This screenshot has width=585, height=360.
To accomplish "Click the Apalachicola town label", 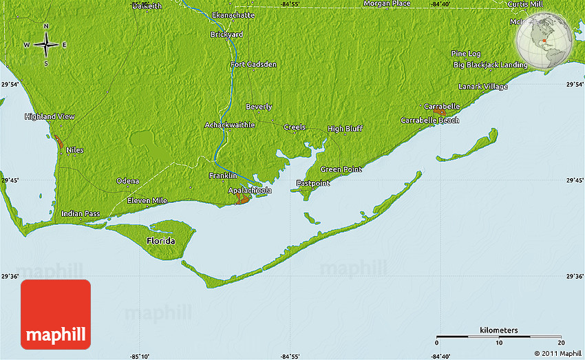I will (250, 190).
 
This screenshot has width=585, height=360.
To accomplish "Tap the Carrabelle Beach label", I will (429, 120).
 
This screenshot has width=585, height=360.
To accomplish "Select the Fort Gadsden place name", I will (253, 65).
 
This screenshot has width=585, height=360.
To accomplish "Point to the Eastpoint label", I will (313, 183).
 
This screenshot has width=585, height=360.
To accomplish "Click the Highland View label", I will (50, 117).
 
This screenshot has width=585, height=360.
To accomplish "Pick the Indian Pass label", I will (81, 214).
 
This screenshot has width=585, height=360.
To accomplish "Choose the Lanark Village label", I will (483, 87).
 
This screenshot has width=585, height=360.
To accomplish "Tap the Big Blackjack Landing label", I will (490, 65).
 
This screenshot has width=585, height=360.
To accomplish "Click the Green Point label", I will (341, 169).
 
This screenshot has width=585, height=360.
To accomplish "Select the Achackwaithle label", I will (230, 125).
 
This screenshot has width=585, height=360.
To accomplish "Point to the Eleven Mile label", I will (147, 200).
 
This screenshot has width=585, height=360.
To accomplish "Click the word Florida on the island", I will (160, 242).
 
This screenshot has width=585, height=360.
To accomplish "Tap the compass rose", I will (46, 45).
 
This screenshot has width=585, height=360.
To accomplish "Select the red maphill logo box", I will (56, 314).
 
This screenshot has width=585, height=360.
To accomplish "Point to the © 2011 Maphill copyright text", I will (556, 354).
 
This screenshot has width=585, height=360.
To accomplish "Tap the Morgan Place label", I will (387, 3).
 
